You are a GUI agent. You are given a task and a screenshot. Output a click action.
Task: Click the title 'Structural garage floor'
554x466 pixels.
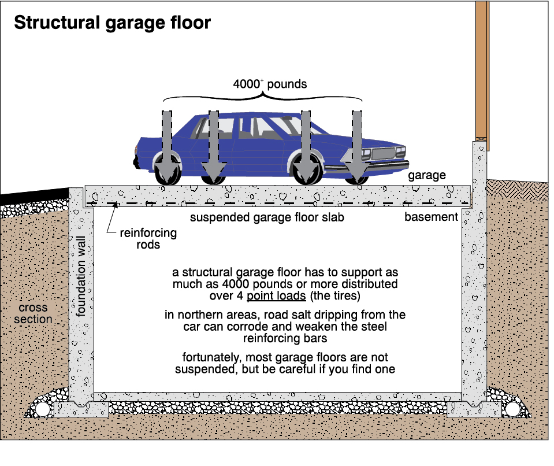[112, 24]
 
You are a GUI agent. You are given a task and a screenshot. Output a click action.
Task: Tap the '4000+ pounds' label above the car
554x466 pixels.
[270, 84]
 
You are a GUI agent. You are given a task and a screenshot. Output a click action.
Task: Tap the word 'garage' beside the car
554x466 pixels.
[427, 176]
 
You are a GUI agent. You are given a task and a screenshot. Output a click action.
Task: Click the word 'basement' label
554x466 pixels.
[431, 217]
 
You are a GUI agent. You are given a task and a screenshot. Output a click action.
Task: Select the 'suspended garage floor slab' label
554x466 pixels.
[267, 218]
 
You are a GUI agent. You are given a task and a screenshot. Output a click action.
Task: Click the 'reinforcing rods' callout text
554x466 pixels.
[148, 239]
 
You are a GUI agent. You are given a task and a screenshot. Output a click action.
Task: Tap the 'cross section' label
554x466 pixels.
[34, 313]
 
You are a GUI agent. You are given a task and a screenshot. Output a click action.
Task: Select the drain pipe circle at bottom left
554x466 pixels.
[42, 409]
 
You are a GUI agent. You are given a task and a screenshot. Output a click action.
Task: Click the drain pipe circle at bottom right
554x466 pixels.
[513, 409]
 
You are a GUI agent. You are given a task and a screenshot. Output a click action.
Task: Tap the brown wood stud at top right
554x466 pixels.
[481, 69]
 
